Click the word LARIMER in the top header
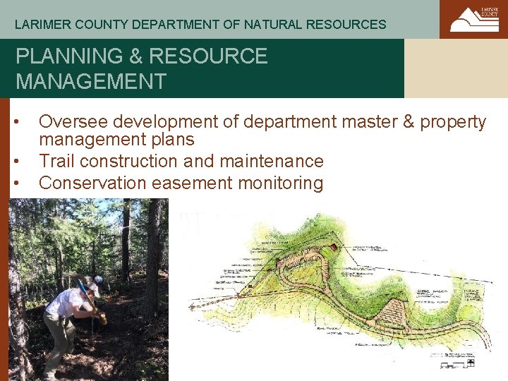(39, 25)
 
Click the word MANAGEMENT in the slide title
(91, 81)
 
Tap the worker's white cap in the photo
(92, 286)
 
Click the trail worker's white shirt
(65, 303)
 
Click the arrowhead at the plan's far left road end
(192, 308)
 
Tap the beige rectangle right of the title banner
(456, 68)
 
